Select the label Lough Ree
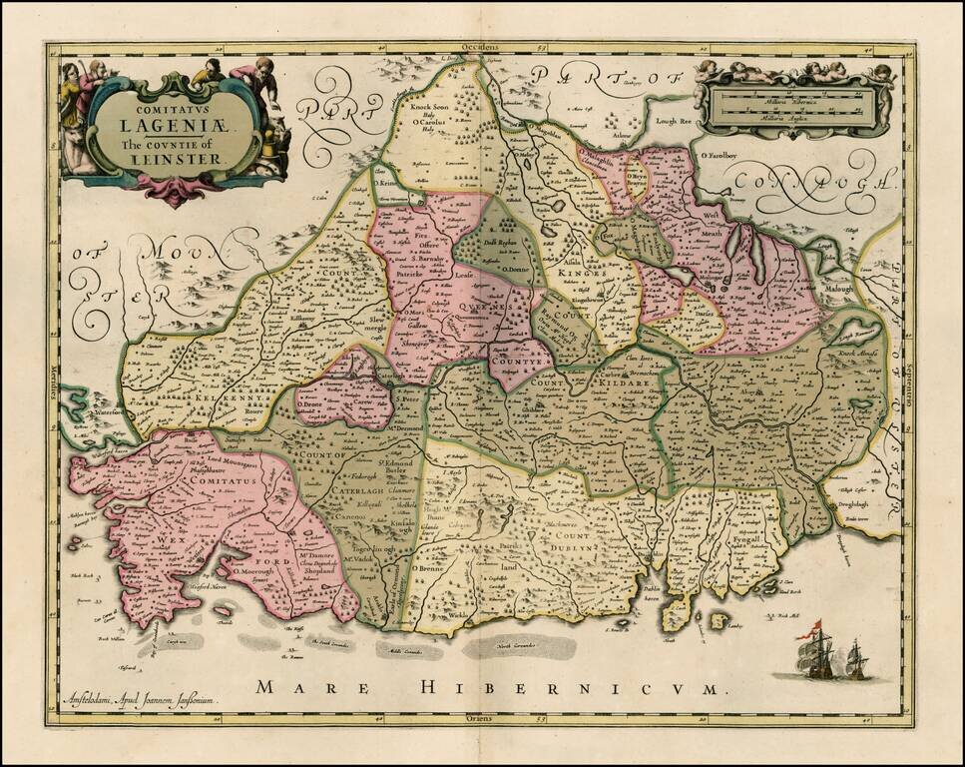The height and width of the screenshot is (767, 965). (x=673, y=121)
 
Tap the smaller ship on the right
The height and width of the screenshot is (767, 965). (x=856, y=659)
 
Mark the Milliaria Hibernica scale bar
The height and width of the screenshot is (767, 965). (x=792, y=103)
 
